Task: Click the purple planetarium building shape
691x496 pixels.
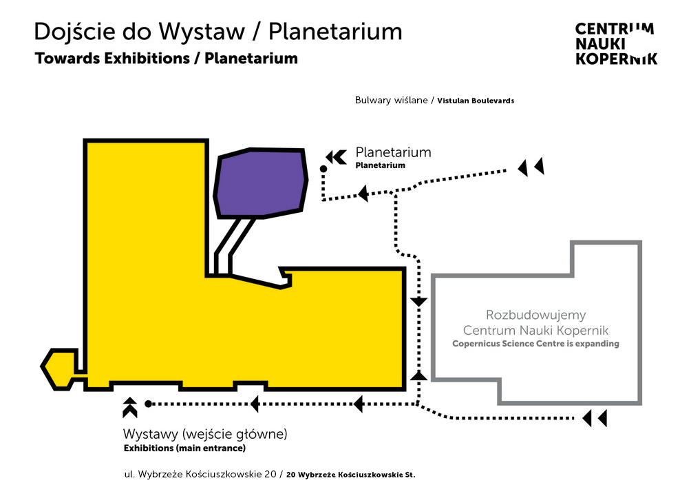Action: click(260, 182)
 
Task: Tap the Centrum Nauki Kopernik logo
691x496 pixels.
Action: click(615, 43)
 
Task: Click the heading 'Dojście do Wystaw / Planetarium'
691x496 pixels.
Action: click(217, 32)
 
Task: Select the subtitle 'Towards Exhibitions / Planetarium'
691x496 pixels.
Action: click(166, 59)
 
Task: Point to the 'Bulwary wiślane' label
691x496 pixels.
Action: click(392, 100)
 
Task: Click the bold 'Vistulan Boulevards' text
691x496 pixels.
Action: click(476, 101)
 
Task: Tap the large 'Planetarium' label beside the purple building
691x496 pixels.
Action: click(393, 152)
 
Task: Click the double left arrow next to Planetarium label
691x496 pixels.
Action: click(336, 157)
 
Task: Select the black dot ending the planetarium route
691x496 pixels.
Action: click(323, 169)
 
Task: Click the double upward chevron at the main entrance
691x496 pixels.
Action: click(129, 407)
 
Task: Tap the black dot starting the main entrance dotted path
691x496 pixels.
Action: click(148, 404)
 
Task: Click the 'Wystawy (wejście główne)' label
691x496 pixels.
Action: click(205, 435)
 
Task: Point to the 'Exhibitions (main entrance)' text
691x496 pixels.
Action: click(184, 448)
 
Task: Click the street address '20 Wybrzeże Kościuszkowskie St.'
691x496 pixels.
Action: click(351, 475)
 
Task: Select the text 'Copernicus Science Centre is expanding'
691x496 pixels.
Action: click(535, 344)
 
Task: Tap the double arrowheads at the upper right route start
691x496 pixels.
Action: click(531, 166)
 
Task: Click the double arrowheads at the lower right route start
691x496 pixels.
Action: click(595, 417)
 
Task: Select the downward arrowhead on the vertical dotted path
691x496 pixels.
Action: click(418, 302)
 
